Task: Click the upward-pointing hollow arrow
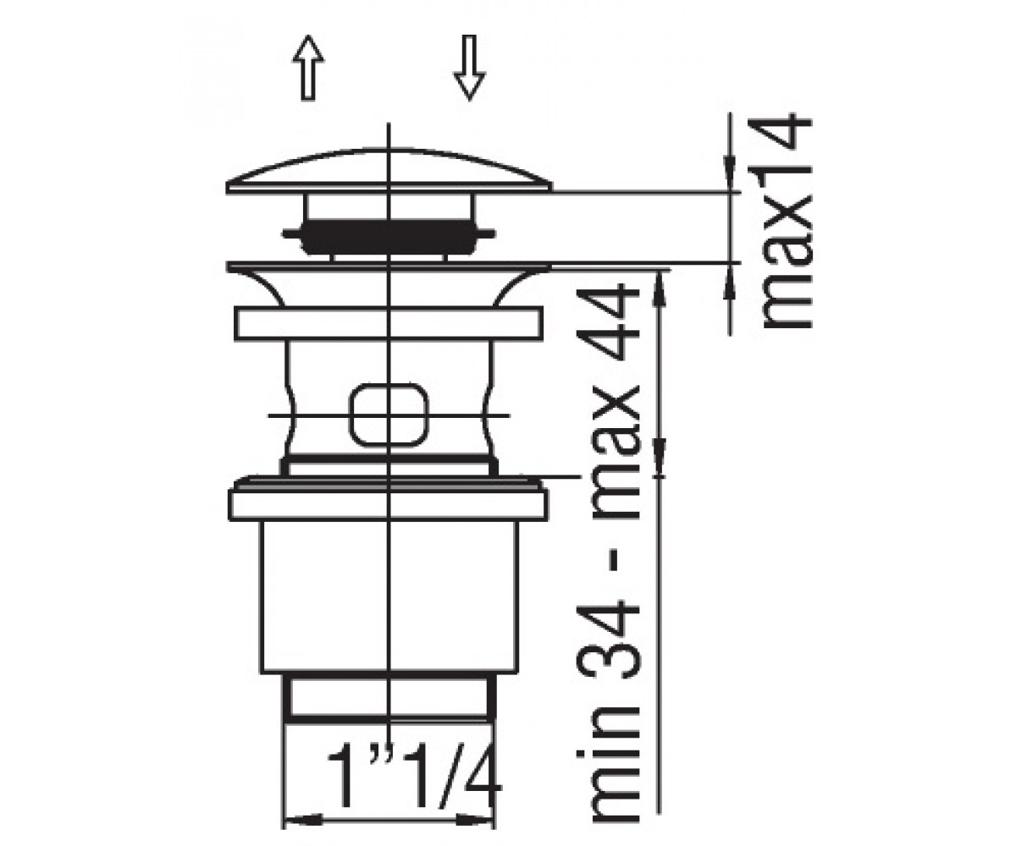click(x=307, y=67)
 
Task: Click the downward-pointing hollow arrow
click(x=469, y=67)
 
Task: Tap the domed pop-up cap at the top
click(x=389, y=170)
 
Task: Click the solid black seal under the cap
click(x=389, y=237)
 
